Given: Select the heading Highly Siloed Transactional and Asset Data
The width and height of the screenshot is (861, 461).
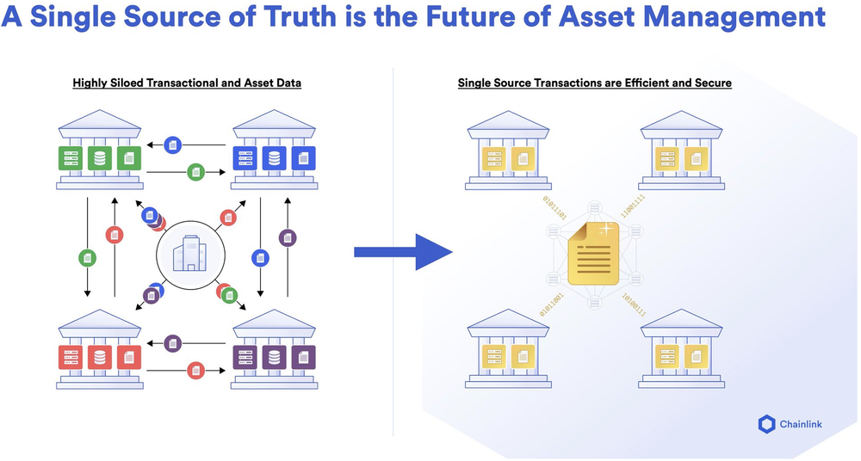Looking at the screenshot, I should pos(187,83).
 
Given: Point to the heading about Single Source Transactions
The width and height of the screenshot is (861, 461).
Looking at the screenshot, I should pos(595,83).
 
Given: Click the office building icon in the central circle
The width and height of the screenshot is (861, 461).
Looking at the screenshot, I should pos(190,255).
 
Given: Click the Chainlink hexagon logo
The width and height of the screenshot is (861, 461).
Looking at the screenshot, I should pos(767,424).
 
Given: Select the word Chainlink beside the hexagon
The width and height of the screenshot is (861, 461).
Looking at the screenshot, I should pos(804,424).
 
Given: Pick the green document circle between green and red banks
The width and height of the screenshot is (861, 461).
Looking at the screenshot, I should pos(87,257).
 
